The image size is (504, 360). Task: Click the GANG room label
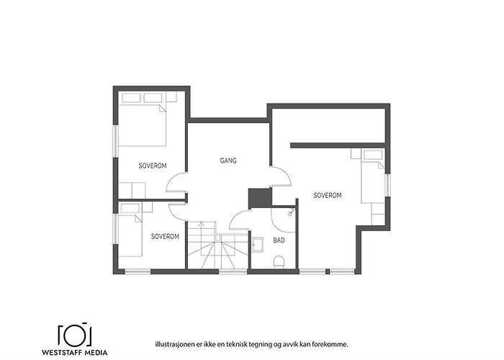pyautogui.click(x=228, y=161)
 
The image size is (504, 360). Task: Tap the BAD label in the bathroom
pyautogui.click(x=279, y=239)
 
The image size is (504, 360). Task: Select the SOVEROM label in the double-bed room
pyautogui.click(x=153, y=166)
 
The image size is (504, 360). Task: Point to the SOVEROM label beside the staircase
pyautogui.click(x=165, y=235)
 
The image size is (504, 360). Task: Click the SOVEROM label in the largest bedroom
pyautogui.click(x=328, y=195)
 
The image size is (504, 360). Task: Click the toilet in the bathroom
pyautogui.click(x=280, y=261)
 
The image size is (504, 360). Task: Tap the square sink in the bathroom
pyautogui.click(x=258, y=243)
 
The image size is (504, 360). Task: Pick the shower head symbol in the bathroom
pyautogui.click(x=290, y=212)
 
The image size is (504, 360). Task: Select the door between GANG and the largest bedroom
pyautogui.click(x=281, y=177)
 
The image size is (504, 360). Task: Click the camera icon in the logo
pyautogui.click(x=74, y=335)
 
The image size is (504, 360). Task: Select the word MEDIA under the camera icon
pyautogui.click(x=96, y=353)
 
